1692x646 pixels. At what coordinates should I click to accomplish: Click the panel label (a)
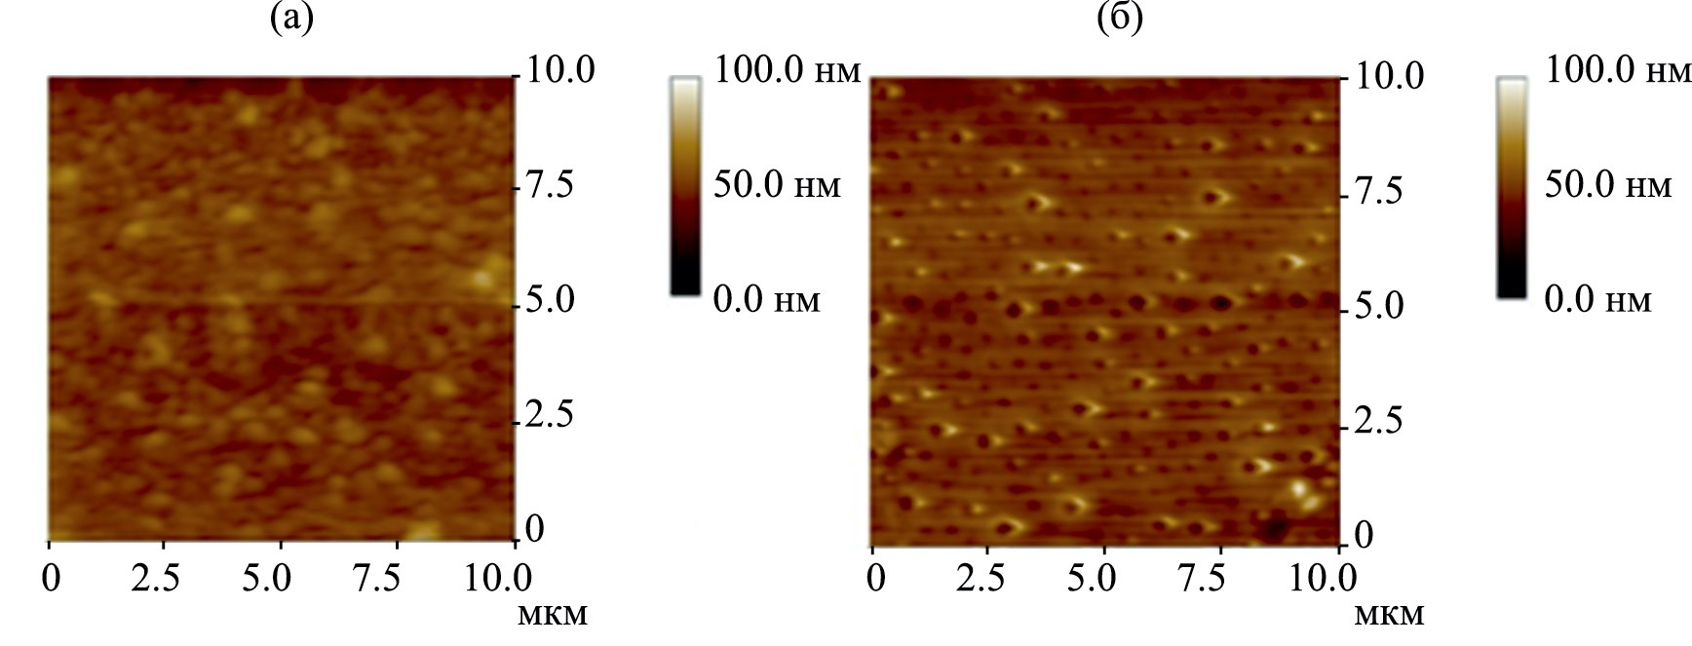click(x=291, y=19)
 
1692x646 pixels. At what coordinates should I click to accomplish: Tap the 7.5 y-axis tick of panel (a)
click(x=549, y=185)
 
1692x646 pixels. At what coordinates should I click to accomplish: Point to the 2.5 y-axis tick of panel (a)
click(x=549, y=416)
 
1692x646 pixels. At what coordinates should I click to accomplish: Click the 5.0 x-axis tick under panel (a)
click(x=267, y=579)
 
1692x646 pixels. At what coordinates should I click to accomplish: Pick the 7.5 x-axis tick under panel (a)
click(x=376, y=579)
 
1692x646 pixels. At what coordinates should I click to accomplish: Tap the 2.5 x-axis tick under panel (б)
click(x=981, y=579)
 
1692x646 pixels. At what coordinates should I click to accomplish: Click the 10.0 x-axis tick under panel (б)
click(x=1321, y=579)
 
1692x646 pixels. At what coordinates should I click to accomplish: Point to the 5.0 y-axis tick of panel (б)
click(x=1378, y=307)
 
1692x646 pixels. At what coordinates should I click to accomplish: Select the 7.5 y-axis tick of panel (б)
click(x=1378, y=192)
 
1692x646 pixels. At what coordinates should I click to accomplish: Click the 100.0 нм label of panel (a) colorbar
click(x=788, y=70)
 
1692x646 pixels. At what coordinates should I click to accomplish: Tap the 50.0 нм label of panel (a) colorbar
click(x=777, y=185)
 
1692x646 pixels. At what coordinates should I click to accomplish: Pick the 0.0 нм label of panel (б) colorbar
click(x=1598, y=300)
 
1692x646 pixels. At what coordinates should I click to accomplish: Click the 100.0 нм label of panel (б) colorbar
click(x=1618, y=70)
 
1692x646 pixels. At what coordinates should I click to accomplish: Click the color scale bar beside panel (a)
click(x=685, y=185)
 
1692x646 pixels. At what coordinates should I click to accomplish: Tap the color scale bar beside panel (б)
click(x=1512, y=185)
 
